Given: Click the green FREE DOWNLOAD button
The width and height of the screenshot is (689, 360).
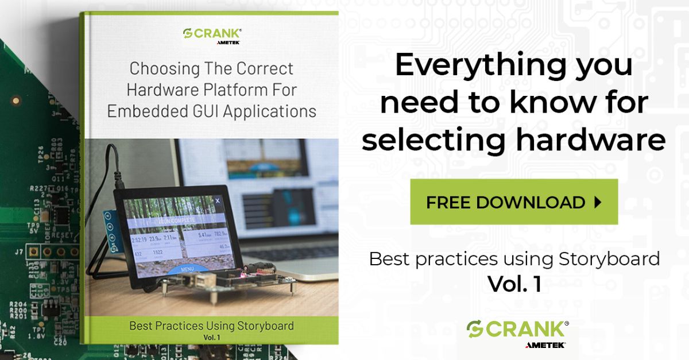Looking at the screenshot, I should tap(513, 202).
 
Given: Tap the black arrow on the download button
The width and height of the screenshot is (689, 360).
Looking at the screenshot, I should tap(597, 202).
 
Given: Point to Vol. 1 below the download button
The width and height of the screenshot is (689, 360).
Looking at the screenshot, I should tap(514, 284).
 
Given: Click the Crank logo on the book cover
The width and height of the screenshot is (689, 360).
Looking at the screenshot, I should tap(212, 34).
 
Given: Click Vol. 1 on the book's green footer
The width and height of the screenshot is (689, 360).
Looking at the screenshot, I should tap(211, 338).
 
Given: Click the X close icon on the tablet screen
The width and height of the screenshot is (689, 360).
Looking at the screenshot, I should tap(218, 201).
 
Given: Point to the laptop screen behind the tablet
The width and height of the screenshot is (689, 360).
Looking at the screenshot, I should tap(258, 172).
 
